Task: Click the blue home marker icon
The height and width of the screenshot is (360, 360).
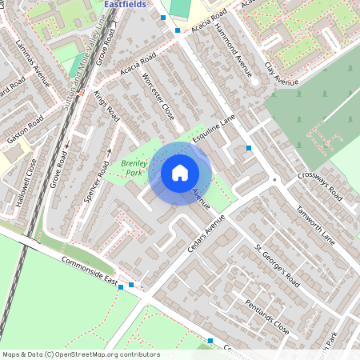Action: (180, 173)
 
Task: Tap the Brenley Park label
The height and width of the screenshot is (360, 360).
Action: (130, 168)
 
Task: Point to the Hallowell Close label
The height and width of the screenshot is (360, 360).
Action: (31, 185)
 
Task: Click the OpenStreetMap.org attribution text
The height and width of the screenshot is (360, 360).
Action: (80, 354)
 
